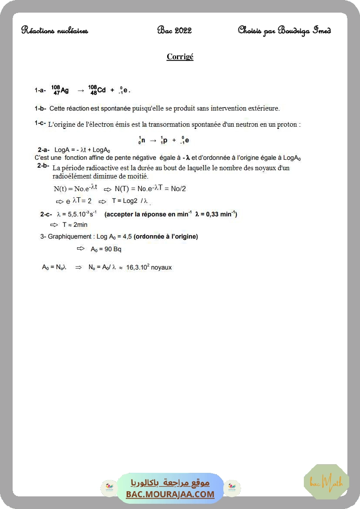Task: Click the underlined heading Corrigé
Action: tap(180, 57)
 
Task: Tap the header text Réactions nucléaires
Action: tap(54, 30)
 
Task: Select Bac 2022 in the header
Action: tap(174, 30)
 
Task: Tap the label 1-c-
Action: tap(40, 124)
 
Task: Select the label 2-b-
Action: tap(43, 166)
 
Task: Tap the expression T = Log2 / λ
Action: tap(130, 201)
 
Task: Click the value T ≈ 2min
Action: tap(75, 225)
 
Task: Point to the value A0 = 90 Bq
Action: tap(106, 249)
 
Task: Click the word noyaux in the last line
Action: tap(161, 267)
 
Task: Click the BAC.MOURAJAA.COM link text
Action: tap(170, 494)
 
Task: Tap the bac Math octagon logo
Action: tap(326, 482)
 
